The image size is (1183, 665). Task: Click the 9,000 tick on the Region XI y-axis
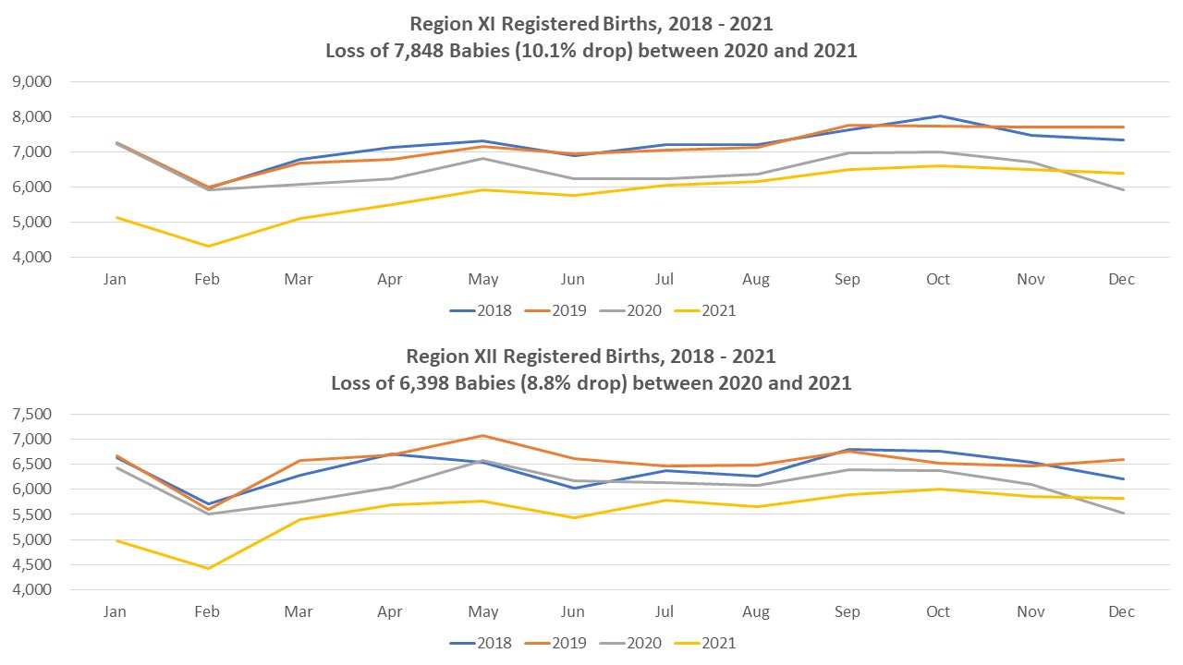coord(31,81)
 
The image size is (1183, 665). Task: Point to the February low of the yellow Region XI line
coord(207,246)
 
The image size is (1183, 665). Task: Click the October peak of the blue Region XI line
coord(939,116)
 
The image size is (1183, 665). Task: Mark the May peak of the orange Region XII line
coord(481,436)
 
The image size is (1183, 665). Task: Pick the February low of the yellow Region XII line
coord(207,568)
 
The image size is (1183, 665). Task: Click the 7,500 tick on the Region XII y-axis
coord(31,414)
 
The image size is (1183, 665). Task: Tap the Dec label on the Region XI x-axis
coord(1121,279)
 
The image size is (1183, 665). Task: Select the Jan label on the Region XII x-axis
coord(115,611)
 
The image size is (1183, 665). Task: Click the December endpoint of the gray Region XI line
coord(1122,189)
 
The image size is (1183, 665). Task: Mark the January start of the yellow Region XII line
coord(116,540)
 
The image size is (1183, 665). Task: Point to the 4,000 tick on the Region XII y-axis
coord(31,590)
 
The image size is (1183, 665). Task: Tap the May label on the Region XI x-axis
coord(482,279)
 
